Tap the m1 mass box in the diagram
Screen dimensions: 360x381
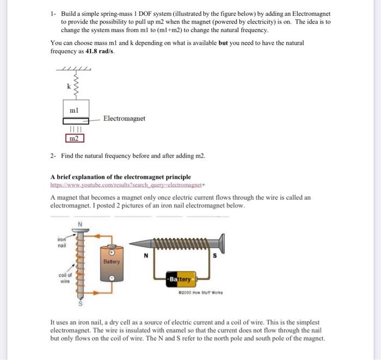pos(75,109)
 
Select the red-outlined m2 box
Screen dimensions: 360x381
pos(75,138)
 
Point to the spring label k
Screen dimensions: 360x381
pos(68,86)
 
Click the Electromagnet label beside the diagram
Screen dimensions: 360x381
pos(124,118)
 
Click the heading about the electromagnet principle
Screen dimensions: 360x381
pos(120,177)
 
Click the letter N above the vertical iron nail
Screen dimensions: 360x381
pos(79,224)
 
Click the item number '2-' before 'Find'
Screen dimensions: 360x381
pos(53,156)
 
